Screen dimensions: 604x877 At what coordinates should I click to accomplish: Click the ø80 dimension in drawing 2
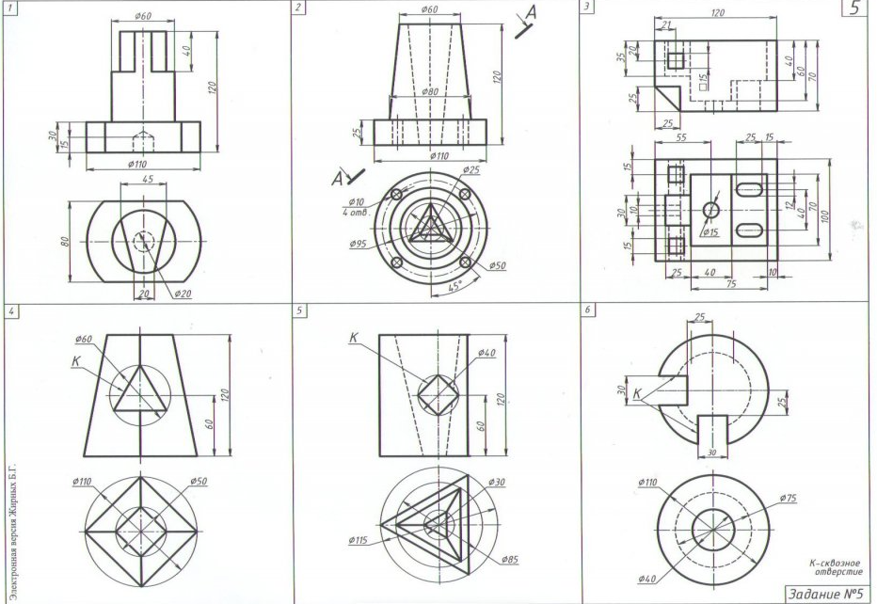click(430, 91)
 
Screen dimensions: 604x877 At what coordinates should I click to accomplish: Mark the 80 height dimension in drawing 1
click(66, 241)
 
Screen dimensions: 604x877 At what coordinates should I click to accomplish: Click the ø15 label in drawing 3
click(723, 230)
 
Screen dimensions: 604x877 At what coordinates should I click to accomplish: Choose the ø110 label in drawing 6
click(649, 483)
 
